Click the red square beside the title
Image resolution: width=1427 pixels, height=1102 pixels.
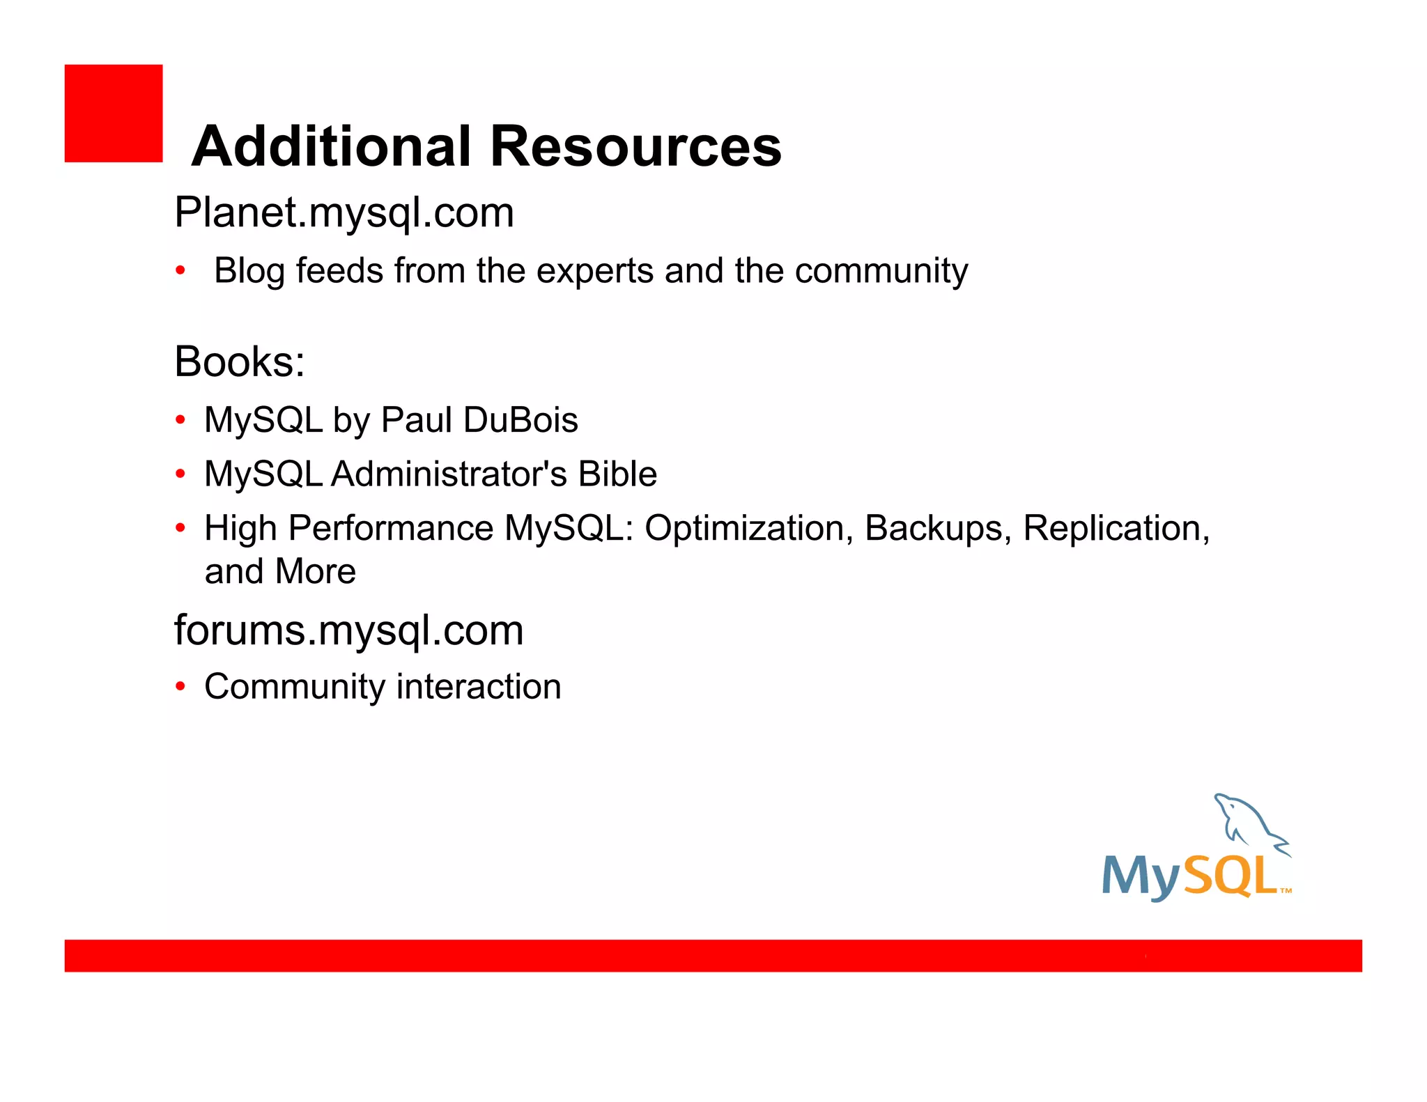[114, 114]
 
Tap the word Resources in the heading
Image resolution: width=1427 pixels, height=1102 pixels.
[635, 146]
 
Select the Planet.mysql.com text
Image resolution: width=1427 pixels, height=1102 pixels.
[344, 212]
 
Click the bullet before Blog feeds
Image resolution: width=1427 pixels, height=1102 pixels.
[180, 270]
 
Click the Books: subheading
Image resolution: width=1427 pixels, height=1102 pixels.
[239, 362]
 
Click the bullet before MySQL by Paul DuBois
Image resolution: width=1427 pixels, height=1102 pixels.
[180, 420]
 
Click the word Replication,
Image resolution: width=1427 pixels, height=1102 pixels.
[1116, 528]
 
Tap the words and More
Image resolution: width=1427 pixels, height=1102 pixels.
[280, 572]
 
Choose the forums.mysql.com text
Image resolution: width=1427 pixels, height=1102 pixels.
[348, 631]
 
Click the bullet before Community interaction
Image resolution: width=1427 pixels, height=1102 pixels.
[180, 687]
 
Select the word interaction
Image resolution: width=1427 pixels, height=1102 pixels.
[479, 687]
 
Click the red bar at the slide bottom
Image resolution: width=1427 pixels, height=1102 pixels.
[713, 955]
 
